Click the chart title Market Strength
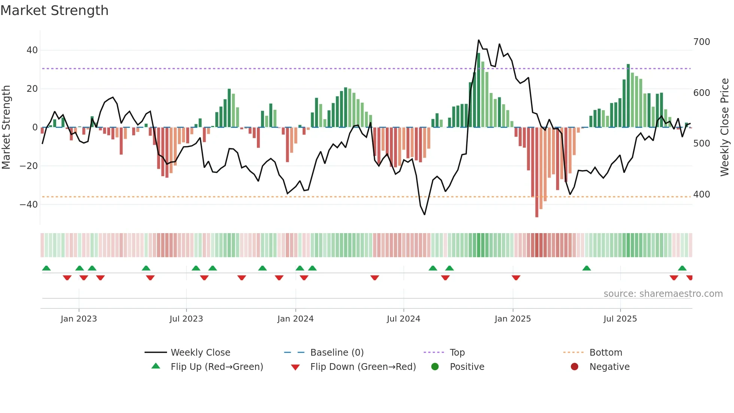54,10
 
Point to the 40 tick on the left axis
32,50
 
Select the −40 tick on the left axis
29,205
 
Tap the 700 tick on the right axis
701,42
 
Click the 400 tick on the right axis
701,195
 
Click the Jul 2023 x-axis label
186,319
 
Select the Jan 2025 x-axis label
512,319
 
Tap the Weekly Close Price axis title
725,127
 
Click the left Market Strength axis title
6,127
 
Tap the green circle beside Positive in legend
435,367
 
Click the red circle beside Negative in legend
574,367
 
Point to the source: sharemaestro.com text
663,294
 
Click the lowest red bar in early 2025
537,172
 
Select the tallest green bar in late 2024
479,90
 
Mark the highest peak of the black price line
479,40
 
